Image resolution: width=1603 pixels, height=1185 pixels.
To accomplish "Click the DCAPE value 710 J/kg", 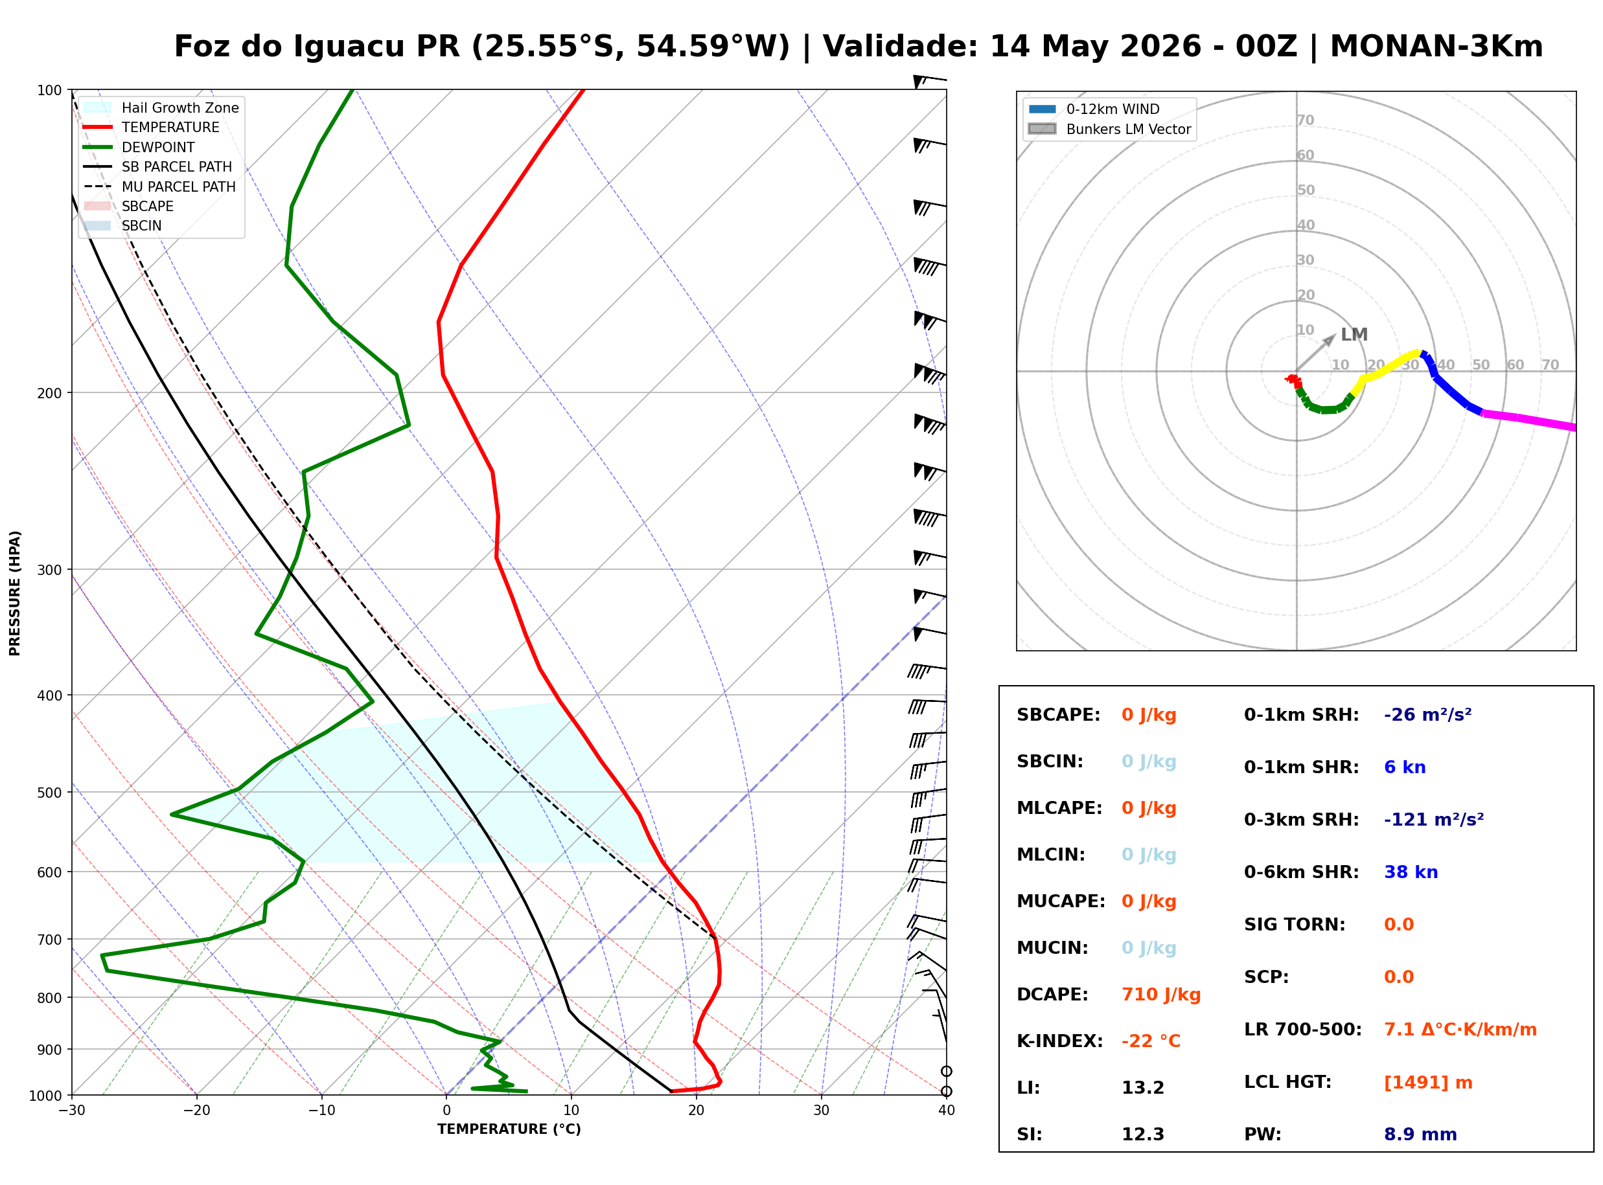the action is tap(1160, 994).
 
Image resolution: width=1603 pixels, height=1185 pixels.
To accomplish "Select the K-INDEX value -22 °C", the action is tap(1150, 1041).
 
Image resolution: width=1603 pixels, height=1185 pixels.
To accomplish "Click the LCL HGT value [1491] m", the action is tap(1427, 1083).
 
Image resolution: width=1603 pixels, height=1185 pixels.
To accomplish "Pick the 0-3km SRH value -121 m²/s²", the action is tap(1433, 819).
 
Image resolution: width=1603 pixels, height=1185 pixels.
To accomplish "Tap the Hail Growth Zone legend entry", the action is tap(161, 107).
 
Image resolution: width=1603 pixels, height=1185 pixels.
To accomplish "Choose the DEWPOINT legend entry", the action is tap(139, 147).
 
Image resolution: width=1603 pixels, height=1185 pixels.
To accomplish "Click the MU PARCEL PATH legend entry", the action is tap(160, 186).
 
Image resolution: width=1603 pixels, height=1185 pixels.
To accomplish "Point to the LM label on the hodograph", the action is tap(1354, 334).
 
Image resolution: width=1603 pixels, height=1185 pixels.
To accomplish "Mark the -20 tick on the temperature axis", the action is tap(196, 1111).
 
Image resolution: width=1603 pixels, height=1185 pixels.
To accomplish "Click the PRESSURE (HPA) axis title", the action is tap(15, 593).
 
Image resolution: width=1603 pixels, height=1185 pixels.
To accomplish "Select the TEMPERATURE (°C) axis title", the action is tap(509, 1129).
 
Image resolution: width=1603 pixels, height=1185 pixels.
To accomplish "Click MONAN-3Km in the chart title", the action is tap(1436, 46).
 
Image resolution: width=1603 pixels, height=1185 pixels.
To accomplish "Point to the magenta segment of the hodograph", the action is tap(1528, 420).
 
